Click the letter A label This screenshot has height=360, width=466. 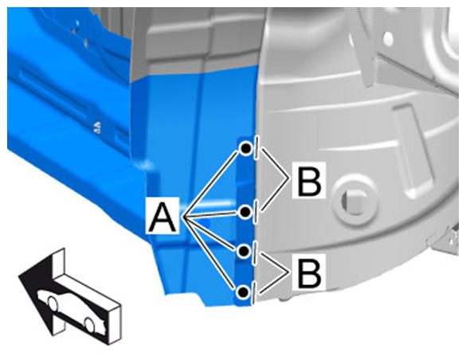point(163,216)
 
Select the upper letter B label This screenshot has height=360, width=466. point(309,180)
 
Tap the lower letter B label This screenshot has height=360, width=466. point(309,272)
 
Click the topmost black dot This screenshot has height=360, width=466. point(246,148)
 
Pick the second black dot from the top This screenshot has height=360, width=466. point(245,212)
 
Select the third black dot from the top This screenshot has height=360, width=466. point(245,252)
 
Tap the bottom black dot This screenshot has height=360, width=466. point(243,292)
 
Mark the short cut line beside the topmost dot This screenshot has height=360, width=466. point(256,147)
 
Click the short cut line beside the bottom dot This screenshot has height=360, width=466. point(254,293)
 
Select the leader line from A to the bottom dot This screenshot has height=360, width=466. point(211,253)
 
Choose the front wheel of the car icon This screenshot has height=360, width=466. point(53,303)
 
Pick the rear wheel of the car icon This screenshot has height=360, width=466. point(89,325)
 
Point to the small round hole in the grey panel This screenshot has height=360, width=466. point(388,38)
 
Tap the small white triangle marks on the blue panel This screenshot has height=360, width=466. point(98,127)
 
